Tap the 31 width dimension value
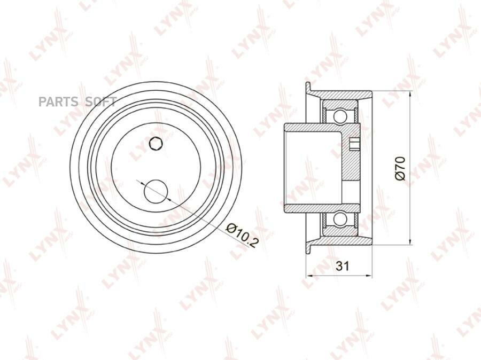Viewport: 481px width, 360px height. click(x=343, y=266)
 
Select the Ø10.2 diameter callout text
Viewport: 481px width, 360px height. click(x=242, y=235)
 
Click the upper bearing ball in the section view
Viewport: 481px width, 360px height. click(x=340, y=115)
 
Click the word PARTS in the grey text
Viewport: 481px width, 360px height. click(x=58, y=101)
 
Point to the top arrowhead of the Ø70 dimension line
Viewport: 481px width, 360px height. click(x=410, y=93)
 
